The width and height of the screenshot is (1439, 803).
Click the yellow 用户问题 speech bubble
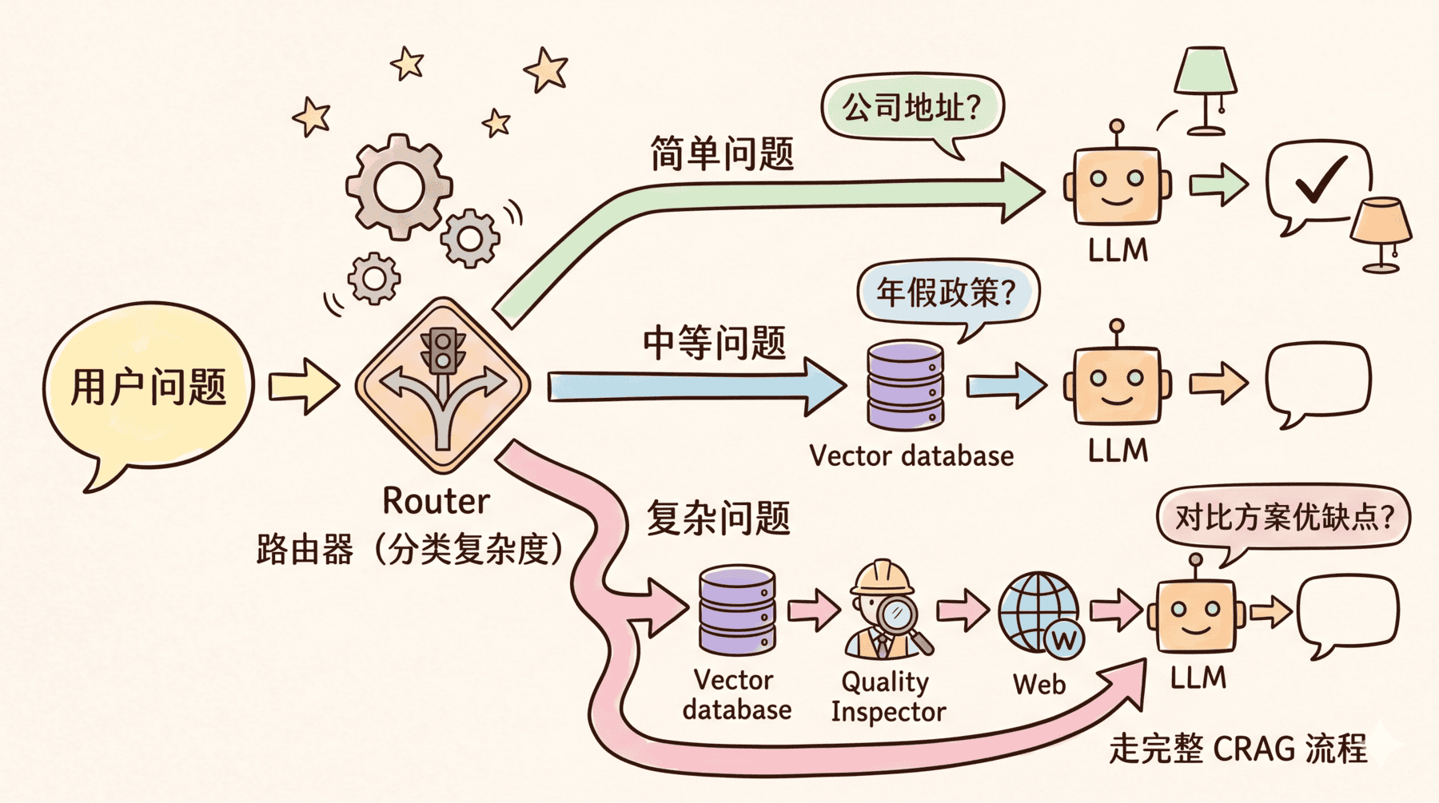tap(149, 387)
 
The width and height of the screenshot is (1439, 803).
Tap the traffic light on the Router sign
tap(442, 350)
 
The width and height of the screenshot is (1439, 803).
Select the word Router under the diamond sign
tap(436, 502)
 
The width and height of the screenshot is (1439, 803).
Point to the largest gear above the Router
tap(398, 187)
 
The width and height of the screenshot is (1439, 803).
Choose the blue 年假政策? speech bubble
tap(947, 292)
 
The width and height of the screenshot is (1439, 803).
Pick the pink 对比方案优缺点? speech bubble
tap(1283, 518)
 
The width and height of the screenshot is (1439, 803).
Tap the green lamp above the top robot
tap(1206, 88)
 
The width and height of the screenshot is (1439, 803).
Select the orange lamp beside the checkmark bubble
tap(1381, 232)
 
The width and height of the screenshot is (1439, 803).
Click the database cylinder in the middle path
tap(905, 385)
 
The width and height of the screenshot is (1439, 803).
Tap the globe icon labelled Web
tap(1040, 612)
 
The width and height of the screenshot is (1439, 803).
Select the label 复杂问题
tap(718, 518)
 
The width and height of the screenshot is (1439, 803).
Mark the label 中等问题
tap(715, 343)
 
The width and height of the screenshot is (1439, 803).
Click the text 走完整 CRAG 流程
tap(1238, 749)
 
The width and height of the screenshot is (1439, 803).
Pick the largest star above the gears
tap(547, 70)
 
